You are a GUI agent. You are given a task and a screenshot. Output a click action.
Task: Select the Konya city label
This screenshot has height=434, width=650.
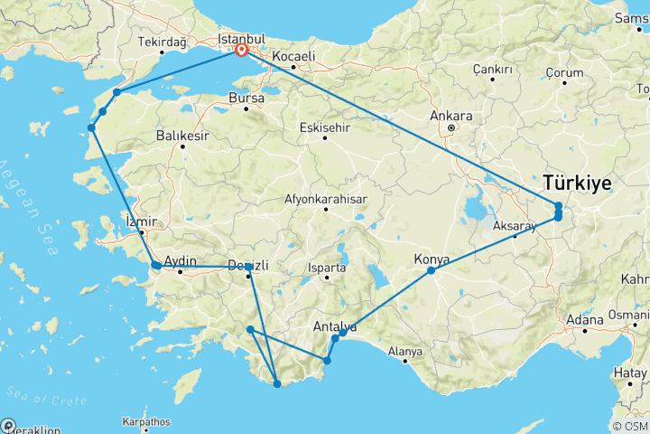tap(432, 259)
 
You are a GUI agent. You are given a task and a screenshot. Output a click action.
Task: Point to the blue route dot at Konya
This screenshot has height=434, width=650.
tap(432, 270)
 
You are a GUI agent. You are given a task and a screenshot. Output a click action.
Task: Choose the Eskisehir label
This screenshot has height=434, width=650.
tap(325, 127)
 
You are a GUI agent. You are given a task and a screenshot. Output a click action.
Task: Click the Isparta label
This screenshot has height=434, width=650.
tap(327, 268)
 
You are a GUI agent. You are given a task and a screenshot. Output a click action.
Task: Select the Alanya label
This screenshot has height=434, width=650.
tap(404, 351)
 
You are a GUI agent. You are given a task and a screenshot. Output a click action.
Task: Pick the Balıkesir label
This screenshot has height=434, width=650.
tap(181, 136)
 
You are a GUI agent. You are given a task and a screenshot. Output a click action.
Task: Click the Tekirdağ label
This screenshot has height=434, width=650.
tap(162, 42)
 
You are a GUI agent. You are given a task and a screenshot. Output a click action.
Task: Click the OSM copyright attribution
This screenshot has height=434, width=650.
tap(628, 426)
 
